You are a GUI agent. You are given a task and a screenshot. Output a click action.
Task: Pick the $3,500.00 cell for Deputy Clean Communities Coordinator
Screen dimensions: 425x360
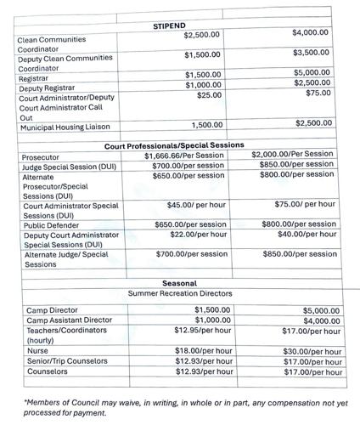pos(309,52)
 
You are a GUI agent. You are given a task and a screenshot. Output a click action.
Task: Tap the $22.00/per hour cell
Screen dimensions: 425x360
pos(191,235)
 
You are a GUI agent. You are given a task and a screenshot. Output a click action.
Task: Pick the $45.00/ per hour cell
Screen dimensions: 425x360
pos(196,205)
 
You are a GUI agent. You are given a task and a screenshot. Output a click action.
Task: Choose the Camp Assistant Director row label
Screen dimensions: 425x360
pos(70,320)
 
